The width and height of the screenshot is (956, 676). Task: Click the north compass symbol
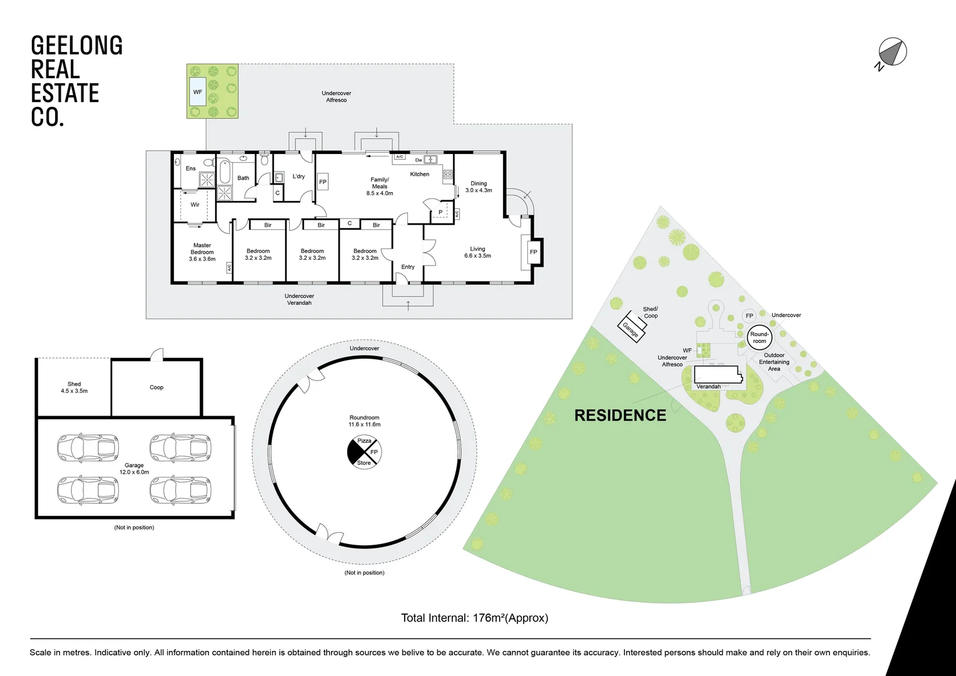[x=892, y=53]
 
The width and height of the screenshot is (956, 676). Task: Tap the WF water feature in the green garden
[x=198, y=92]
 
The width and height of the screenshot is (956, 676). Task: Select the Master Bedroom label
[x=202, y=252]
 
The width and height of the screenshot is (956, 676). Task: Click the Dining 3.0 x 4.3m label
[x=479, y=187]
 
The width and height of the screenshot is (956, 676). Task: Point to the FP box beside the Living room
[x=533, y=252]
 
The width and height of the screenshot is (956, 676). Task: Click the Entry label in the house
[x=408, y=267]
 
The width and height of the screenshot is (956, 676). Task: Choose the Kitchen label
[x=419, y=174]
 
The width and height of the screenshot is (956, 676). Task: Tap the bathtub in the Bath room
[x=225, y=172]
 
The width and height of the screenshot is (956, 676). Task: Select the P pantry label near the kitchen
[x=440, y=212]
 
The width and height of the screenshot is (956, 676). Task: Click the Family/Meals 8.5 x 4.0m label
[x=380, y=187]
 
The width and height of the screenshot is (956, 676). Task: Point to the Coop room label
[x=156, y=387]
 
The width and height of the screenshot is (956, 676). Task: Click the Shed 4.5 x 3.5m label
[x=74, y=387]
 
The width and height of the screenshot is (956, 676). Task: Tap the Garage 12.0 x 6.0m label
[x=134, y=469]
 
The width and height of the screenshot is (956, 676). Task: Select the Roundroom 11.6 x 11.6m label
[x=364, y=421]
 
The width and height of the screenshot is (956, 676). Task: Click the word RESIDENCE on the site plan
[x=620, y=416]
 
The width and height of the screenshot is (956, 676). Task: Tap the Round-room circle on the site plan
[x=759, y=337]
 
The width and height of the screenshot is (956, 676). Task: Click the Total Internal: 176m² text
[x=474, y=618]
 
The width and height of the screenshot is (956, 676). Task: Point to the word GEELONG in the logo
[x=76, y=46]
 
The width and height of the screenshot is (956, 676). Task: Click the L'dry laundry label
[x=298, y=177]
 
